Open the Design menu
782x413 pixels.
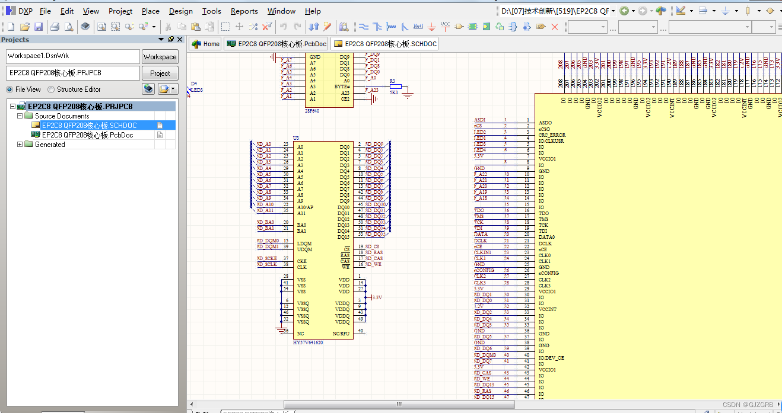180,11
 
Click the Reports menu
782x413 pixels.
244,11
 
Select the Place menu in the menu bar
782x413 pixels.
150,11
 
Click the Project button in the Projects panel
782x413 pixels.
160,73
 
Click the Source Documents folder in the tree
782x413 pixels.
62,116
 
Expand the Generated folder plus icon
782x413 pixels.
20,145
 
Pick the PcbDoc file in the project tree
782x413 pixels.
87,135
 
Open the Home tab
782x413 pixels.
205,44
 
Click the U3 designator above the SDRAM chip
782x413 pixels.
296,138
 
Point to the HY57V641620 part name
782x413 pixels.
307,342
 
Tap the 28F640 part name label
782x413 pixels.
312,111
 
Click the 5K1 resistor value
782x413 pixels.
393,93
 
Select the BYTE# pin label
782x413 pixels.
342,87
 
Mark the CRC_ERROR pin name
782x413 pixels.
552,135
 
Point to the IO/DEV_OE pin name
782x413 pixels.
551,358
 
